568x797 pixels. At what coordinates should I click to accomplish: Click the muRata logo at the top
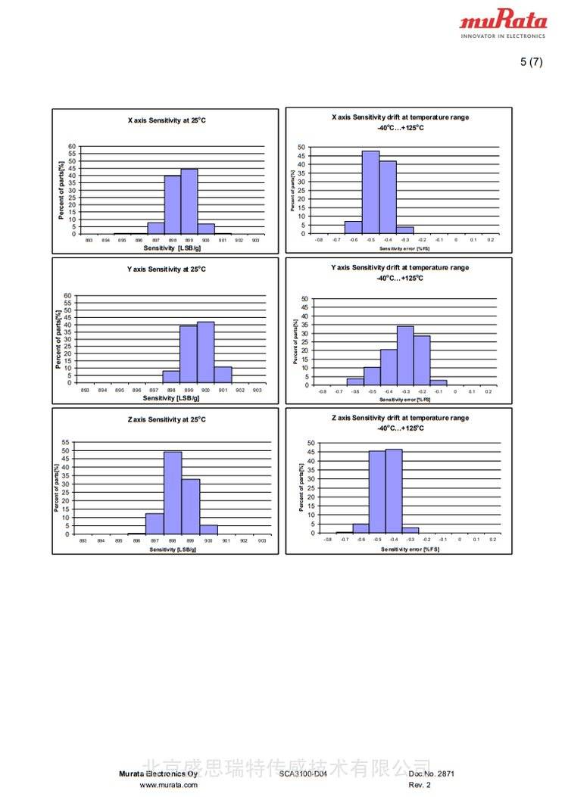503,23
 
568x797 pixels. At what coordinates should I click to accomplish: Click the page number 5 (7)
531,62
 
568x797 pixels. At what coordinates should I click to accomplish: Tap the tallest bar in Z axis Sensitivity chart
173,493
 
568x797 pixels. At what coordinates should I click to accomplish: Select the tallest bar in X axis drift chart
370,192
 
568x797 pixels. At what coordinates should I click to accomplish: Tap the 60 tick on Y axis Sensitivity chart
67,296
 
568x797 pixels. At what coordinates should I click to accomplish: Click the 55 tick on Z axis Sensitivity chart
65,442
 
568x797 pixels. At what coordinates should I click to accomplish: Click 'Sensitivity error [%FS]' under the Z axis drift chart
410,549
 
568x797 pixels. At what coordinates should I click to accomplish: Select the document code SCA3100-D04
303,774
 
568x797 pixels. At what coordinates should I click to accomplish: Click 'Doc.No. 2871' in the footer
432,774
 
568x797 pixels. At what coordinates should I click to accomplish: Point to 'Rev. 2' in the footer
420,785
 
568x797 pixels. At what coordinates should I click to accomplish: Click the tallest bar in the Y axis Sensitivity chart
205,353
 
